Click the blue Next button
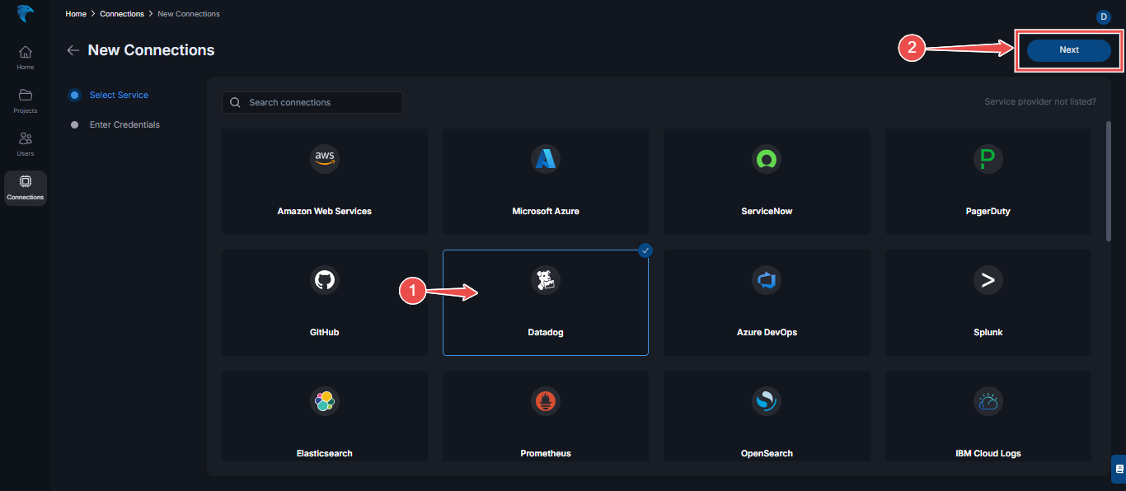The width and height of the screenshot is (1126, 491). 1068,50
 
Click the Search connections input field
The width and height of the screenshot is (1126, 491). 312,102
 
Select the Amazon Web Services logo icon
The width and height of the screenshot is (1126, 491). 324,159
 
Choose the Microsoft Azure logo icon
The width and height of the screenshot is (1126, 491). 546,159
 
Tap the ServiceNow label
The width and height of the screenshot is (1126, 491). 767,211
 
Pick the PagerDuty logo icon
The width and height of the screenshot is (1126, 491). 988,159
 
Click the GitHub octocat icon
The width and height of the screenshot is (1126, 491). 324,280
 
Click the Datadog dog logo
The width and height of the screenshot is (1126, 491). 546,280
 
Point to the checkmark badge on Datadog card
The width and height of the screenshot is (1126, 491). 645,250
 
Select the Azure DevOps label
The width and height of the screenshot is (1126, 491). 767,332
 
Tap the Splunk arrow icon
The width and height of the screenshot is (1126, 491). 988,280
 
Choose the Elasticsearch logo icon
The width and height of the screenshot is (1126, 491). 324,401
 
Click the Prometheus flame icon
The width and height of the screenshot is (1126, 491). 546,401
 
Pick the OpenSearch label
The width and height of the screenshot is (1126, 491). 767,453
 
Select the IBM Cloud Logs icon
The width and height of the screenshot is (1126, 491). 988,401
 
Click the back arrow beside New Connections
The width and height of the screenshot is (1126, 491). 73,50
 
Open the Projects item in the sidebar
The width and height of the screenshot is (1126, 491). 26,101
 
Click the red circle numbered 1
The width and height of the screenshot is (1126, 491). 412,291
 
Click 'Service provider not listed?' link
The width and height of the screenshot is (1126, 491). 1040,102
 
